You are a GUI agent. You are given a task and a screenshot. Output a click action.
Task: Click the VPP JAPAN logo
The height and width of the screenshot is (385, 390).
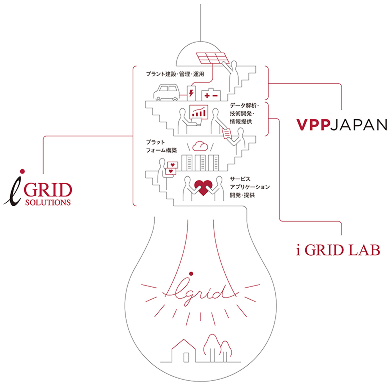click(342, 125)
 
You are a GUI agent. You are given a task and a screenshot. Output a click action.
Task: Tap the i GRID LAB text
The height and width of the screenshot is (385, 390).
click(338, 250)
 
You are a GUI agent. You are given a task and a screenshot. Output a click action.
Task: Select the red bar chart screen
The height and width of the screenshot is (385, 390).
click(199, 111)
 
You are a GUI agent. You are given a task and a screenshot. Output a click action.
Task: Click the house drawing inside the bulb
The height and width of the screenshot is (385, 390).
click(183, 351)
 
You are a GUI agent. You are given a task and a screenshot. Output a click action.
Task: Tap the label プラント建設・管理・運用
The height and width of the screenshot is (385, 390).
click(175, 74)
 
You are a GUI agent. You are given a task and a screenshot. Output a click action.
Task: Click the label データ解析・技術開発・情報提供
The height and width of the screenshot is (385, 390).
click(244, 113)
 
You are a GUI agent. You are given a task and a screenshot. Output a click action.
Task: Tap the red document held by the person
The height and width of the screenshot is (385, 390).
click(227, 133)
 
